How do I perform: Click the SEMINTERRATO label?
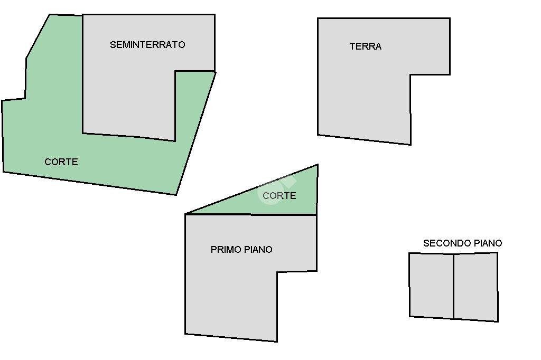(x=147, y=44)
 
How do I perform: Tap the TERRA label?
(x=366, y=46)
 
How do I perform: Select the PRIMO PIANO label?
(x=241, y=249)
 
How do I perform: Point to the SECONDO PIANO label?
(x=462, y=243)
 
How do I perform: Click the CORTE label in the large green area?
(x=61, y=162)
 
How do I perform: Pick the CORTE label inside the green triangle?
(x=279, y=195)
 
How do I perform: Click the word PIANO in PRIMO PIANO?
(x=258, y=249)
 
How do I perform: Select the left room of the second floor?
(x=431, y=286)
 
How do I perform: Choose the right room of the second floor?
(x=476, y=287)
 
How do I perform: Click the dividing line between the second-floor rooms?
(x=453, y=286)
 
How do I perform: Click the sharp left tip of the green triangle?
(x=185, y=214)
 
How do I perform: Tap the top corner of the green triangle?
(x=318, y=165)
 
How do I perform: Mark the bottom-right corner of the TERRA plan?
(x=411, y=145)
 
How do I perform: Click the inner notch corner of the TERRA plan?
(x=410, y=74)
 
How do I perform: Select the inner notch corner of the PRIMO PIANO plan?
(x=277, y=272)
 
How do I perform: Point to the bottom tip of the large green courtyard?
(x=176, y=195)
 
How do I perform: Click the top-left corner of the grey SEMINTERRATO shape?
(x=82, y=15)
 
